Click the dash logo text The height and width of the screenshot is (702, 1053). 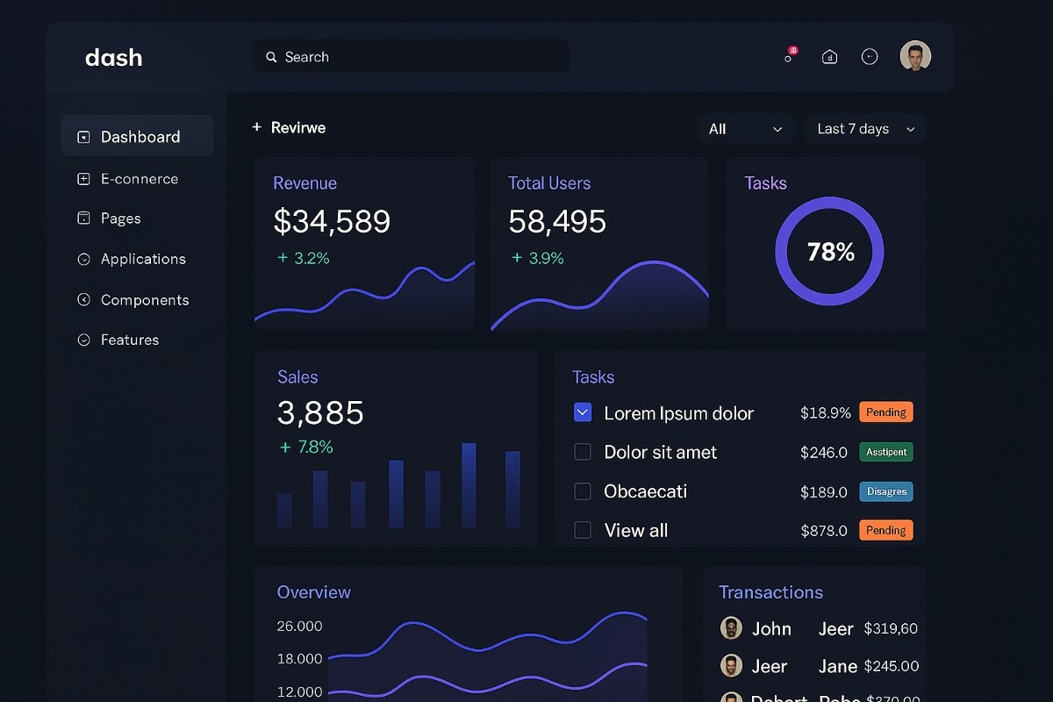coord(113,58)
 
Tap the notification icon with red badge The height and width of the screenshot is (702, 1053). coord(790,56)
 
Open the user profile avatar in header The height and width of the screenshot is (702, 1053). coord(915,56)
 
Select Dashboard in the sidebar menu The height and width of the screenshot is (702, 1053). coord(139,137)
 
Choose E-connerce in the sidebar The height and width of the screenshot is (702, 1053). coord(139,179)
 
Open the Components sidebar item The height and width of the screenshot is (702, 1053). coord(144,300)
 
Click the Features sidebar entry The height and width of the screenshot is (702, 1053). coord(129,340)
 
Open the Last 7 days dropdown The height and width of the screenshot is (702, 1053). coord(865,129)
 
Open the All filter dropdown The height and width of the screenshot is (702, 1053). coord(745,129)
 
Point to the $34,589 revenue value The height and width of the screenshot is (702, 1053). coord(332,221)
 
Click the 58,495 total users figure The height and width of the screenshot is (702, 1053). coord(557,221)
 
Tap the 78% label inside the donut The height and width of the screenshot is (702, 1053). coord(830,253)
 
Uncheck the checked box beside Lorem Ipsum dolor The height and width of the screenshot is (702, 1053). coord(583,412)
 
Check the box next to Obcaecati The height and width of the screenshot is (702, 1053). coord(583,491)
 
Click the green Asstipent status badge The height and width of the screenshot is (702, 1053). coord(886,452)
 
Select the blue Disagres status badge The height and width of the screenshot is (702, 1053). coord(886,491)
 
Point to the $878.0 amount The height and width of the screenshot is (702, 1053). coord(824,531)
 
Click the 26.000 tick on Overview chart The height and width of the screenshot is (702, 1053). coord(299,627)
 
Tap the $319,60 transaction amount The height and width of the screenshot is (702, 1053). coord(891,628)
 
